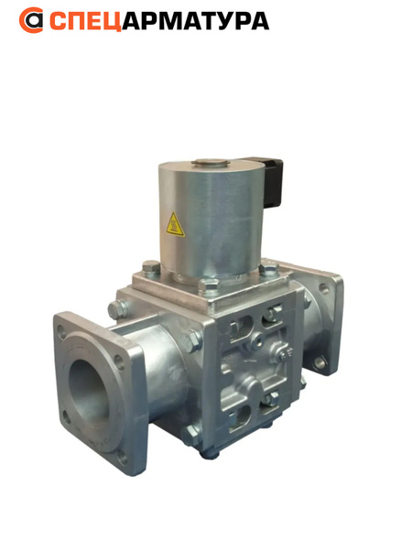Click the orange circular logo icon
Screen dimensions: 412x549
coord(31,20)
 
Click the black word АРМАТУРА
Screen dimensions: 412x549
coord(196,21)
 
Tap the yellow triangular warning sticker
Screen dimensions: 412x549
coord(175,224)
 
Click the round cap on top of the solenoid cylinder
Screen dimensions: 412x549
coord(211,163)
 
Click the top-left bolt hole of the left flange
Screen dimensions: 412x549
coord(61,331)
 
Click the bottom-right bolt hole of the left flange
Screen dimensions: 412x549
coord(122,457)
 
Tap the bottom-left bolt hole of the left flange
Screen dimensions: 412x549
coord(66,416)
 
